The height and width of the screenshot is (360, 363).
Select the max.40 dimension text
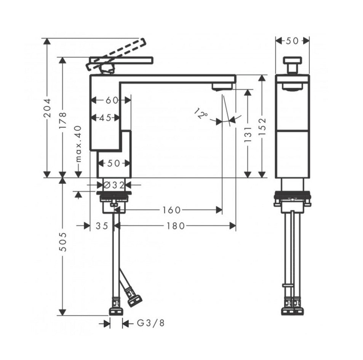(78, 143)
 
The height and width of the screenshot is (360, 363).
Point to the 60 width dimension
(111, 100)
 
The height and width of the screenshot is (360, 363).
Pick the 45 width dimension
(105, 118)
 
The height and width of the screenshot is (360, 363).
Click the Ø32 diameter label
(114, 185)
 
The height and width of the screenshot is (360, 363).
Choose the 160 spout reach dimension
(171, 210)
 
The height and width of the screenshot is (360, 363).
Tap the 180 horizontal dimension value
(176, 226)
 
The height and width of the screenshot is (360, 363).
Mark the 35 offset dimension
(102, 226)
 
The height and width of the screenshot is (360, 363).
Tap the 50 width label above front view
(292, 41)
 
